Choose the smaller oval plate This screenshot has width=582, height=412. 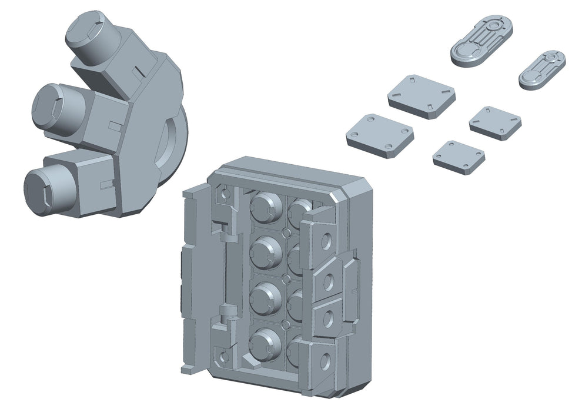[x=542, y=69]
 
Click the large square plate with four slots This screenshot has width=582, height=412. [x=422, y=95]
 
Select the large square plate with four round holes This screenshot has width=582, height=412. [x=379, y=135]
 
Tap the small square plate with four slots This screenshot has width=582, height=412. [x=495, y=122]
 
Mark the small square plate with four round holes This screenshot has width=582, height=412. [x=459, y=156]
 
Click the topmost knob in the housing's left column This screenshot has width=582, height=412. [x=266, y=207]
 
